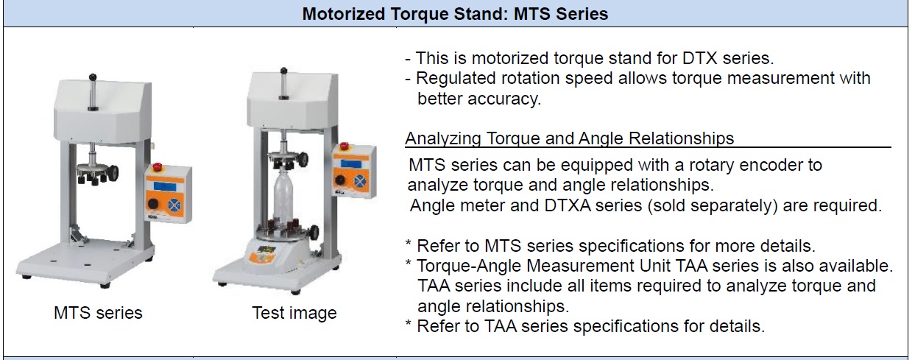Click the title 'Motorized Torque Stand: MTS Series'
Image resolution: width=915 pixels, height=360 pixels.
[x=455, y=14]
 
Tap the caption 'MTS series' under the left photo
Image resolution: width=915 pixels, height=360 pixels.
[x=98, y=313]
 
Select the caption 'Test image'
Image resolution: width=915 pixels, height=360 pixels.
[x=294, y=314]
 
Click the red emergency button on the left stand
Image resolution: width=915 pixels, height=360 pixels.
[x=158, y=167]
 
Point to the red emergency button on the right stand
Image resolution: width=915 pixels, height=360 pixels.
[x=345, y=147]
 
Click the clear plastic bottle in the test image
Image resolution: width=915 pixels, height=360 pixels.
[x=285, y=195]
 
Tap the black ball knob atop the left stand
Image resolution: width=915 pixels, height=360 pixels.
[x=93, y=77]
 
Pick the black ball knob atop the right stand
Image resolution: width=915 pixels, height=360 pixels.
[x=283, y=71]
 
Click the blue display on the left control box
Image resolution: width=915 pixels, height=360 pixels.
[x=166, y=186]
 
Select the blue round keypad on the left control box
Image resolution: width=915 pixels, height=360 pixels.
[x=175, y=205]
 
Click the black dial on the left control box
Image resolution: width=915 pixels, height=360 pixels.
[x=153, y=204]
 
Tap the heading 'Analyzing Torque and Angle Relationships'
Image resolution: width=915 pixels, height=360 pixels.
[x=570, y=139]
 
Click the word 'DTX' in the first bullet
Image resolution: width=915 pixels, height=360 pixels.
[x=700, y=58]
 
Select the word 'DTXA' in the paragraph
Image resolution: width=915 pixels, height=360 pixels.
[x=568, y=205]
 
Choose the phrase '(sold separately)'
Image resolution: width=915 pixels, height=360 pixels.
[x=712, y=205]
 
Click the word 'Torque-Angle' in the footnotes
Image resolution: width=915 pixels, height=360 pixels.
[x=467, y=266]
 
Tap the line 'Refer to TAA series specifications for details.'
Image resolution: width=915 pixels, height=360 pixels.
[x=590, y=326]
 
